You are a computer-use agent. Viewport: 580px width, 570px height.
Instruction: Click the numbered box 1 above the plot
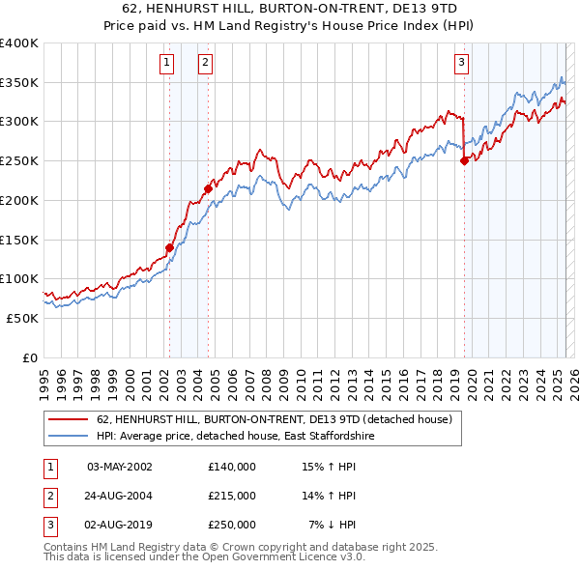pyautogui.click(x=167, y=64)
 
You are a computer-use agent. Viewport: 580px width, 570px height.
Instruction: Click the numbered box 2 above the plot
pyautogui.click(x=206, y=64)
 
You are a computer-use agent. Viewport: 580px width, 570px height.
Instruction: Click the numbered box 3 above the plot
pyautogui.click(x=462, y=64)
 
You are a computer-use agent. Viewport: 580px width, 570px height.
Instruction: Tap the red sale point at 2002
pyautogui.click(x=169, y=247)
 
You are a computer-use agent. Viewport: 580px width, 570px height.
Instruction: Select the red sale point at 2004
pyautogui.click(x=208, y=188)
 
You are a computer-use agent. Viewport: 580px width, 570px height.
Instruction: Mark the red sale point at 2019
pyautogui.click(x=464, y=161)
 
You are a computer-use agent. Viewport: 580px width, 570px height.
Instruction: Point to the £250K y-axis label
pyautogui.click(x=19, y=161)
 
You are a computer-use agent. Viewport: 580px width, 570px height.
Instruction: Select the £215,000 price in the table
pyautogui.click(x=232, y=496)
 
